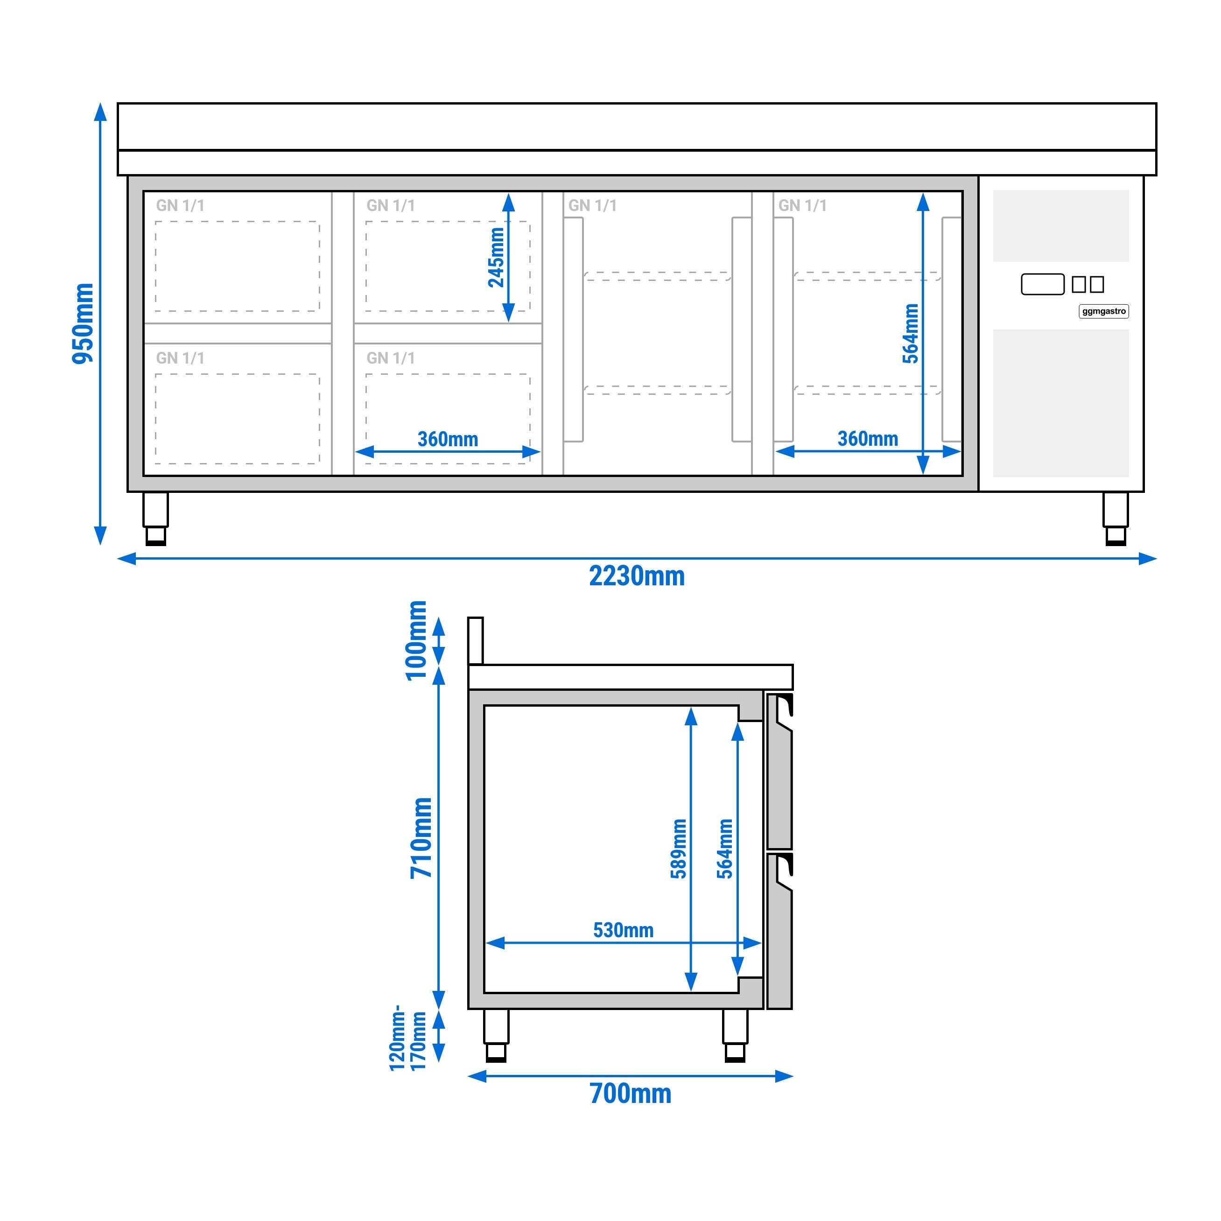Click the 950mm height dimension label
[x=83, y=323]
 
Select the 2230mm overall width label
[x=637, y=576]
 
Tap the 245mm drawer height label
[x=497, y=257]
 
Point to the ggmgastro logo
[x=1103, y=311]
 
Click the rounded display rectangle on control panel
[x=1042, y=284]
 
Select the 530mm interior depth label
[x=623, y=930]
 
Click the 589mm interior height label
[x=679, y=848]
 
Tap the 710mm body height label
[x=421, y=837]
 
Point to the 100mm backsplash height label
[x=416, y=640]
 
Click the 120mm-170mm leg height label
[x=407, y=1039]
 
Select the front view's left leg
[x=155, y=518]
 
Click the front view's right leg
[x=1115, y=518]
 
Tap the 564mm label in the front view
[x=910, y=334]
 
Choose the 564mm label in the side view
[x=725, y=848]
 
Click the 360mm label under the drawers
[x=448, y=439]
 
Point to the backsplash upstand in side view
[x=475, y=640]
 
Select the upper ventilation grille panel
[x=1060, y=225]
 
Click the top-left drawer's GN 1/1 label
[x=180, y=205]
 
